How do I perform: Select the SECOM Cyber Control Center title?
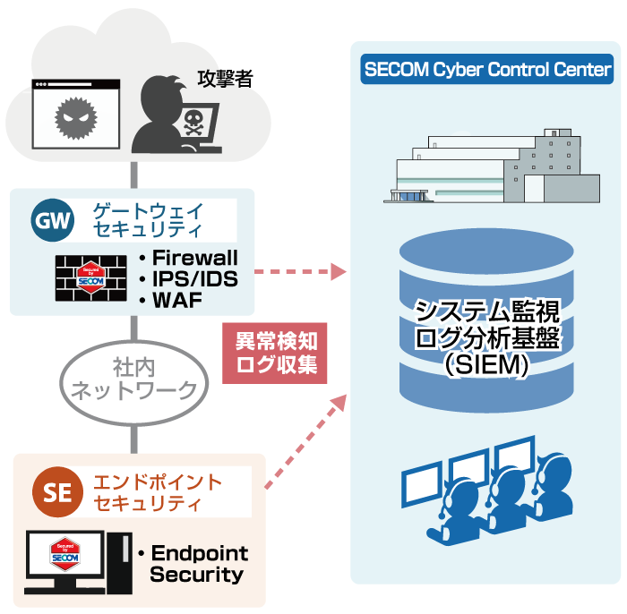(487, 70)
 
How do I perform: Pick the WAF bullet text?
(176, 300)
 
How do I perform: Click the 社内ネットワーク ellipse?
(133, 379)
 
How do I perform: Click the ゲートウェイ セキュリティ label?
(149, 220)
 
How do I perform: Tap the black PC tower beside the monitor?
(117, 561)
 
